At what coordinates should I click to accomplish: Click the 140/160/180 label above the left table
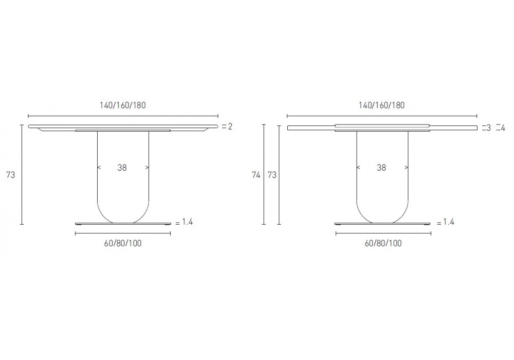point(123,105)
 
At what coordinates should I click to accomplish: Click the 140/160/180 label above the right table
point(381,105)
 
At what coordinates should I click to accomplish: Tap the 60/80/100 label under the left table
point(123,243)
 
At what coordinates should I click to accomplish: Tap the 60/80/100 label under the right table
point(383,243)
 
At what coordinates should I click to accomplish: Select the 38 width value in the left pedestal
point(122,168)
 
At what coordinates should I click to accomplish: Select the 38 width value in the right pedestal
point(381,168)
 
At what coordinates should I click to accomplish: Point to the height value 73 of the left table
point(11,175)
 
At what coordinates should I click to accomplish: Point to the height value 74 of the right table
point(256,175)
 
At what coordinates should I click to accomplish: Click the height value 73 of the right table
point(272,175)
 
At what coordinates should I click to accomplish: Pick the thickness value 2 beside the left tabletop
point(230,127)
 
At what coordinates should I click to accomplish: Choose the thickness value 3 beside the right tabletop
point(488,128)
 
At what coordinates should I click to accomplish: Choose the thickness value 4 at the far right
point(503,128)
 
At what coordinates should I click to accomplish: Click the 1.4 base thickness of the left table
point(187,222)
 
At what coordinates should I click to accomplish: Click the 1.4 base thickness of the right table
point(448,222)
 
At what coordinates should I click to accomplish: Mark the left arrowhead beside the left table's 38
point(98,168)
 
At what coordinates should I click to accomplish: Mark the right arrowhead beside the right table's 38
point(407,168)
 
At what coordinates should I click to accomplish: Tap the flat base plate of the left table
point(123,224)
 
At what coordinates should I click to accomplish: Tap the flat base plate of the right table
point(383,224)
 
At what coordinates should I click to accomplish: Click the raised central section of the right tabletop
point(382,125)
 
